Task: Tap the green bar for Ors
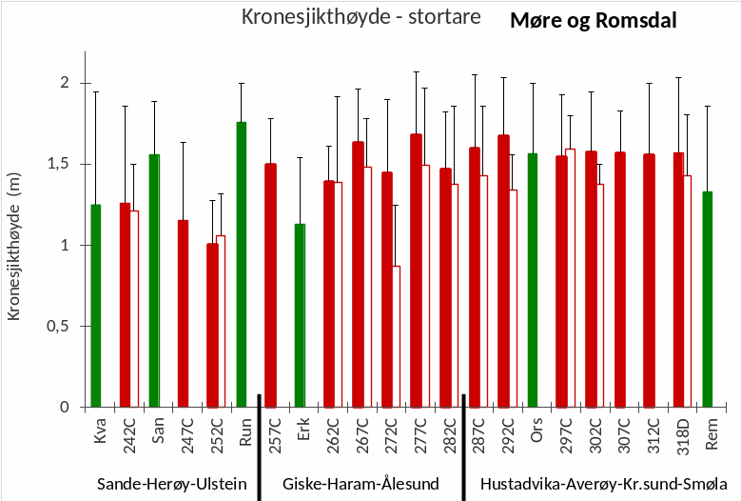(533, 280)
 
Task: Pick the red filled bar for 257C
(270, 285)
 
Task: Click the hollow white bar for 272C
(396, 336)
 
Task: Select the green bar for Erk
(300, 315)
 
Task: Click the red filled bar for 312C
(649, 280)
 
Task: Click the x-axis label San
(155, 431)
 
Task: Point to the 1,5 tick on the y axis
(60, 164)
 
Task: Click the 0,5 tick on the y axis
(60, 326)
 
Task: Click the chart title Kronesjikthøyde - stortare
(361, 17)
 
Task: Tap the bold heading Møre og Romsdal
(594, 20)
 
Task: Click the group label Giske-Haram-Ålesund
(361, 483)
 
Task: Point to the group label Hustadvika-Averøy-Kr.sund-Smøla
(603, 483)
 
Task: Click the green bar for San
(154, 280)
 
